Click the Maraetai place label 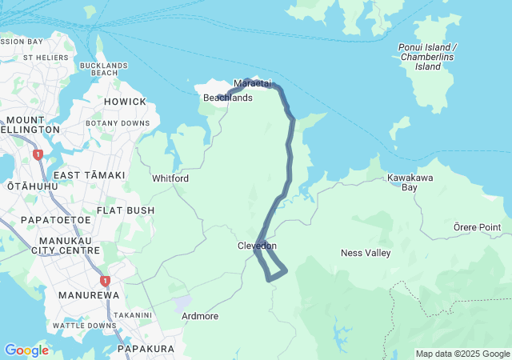[253, 83]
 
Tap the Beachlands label [227, 98]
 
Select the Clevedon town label [257, 246]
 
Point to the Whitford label [170, 178]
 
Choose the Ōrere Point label [477, 227]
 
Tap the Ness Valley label [366, 253]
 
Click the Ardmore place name [200, 316]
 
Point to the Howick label [125, 102]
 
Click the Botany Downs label [123, 123]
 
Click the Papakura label [146, 349]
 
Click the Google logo [26, 350]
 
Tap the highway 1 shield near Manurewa [105, 281]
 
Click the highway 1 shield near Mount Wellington [37, 154]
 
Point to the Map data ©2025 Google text [462, 354]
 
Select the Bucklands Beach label [104, 69]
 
